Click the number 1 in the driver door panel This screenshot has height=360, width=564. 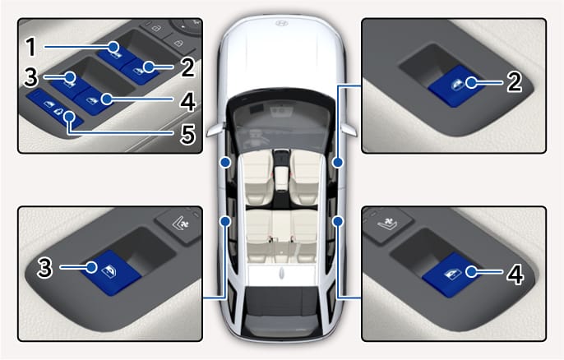(31, 47)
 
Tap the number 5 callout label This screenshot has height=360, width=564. (187, 135)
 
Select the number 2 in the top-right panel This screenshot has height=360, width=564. (515, 82)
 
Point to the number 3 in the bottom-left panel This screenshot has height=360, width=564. (44, 268)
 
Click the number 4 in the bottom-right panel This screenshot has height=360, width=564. (515, 275)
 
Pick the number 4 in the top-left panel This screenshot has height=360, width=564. (187, 102)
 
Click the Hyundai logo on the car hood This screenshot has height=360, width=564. (282, 23)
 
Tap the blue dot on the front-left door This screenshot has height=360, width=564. (225, 163)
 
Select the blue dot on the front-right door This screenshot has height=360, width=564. (338, 163)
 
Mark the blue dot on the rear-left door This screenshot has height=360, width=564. (225, 221)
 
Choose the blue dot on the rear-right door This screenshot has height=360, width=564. (338, 221)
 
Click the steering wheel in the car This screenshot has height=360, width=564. (257, 136)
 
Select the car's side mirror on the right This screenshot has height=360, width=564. (349, 130)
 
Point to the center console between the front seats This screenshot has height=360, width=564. (282, 172)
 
